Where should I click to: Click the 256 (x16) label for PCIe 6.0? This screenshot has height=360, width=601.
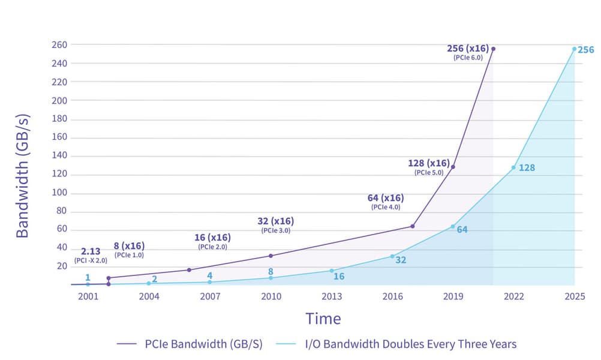tap(468, 48)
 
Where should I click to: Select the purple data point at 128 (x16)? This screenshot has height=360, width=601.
tap(453, 166)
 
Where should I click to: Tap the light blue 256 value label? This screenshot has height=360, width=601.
tap(586, 50)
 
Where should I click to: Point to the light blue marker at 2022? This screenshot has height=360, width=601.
tap(513, 167)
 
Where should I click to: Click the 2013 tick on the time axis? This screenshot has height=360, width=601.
tap(332, 296)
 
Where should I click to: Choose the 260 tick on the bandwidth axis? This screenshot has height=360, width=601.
tap(59, 44)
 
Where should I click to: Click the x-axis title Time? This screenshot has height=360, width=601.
tap(323, 319)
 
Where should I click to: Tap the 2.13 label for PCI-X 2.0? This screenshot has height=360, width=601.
tap(91, 251)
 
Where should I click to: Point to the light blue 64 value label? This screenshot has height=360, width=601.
tap(462, 229)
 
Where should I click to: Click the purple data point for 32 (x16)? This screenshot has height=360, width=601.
tap(271, 256)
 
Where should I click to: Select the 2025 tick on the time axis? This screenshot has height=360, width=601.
tap(575, 296)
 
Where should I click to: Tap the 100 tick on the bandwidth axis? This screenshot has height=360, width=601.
tap(59, 193)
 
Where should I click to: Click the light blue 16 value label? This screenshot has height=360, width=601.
tap(339, 277)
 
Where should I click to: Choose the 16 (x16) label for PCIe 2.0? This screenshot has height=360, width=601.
tap(212, 238)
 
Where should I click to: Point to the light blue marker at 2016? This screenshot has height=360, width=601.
tap(392, 256)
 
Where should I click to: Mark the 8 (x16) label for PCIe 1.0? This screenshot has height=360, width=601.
tap(129, 245)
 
